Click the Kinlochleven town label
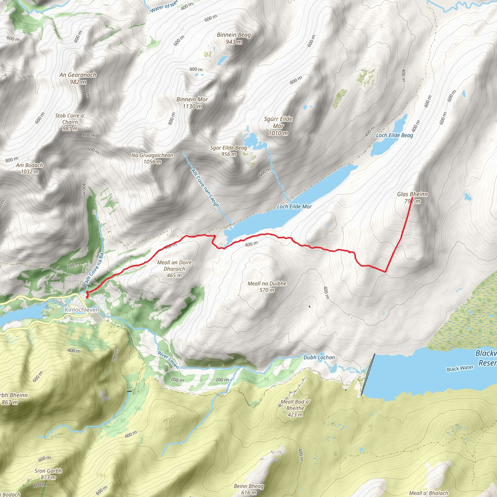82,310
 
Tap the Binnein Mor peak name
192,99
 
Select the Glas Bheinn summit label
412,194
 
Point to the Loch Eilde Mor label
294,207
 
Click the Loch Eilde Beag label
394,135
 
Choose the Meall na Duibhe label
267,283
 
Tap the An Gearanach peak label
78,75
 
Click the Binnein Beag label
234,35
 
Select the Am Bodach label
29,166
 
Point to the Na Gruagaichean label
152,155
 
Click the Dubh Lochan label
319,357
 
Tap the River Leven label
168,360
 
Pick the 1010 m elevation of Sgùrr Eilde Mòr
278,133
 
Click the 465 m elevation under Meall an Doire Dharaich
174,275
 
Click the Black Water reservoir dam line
368,374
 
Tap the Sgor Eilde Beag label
228,148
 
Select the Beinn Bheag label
248,486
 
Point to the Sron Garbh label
48,471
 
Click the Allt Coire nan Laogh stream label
205,188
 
